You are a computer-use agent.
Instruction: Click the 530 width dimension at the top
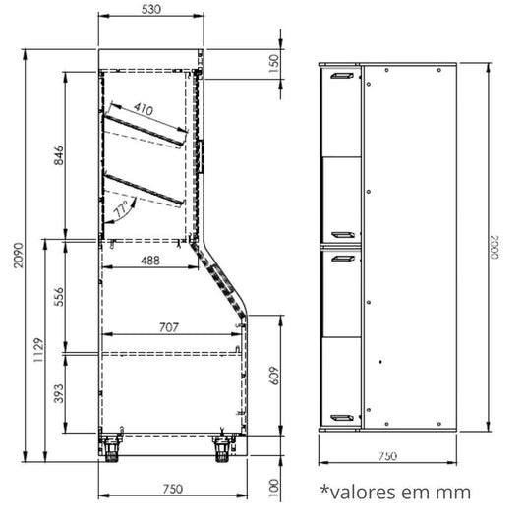(151, 10)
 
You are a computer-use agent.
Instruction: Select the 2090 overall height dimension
(19, 255)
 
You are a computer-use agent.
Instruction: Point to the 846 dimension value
(58, 155)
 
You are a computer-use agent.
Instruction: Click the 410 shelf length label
(144, 108)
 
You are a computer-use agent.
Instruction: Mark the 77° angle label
(121, 208)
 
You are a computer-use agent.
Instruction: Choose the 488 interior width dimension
(150, 261)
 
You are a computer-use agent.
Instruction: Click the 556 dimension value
(58, 297)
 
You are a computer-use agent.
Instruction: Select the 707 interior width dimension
(169, 327)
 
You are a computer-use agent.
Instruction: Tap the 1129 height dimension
(38, 350)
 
